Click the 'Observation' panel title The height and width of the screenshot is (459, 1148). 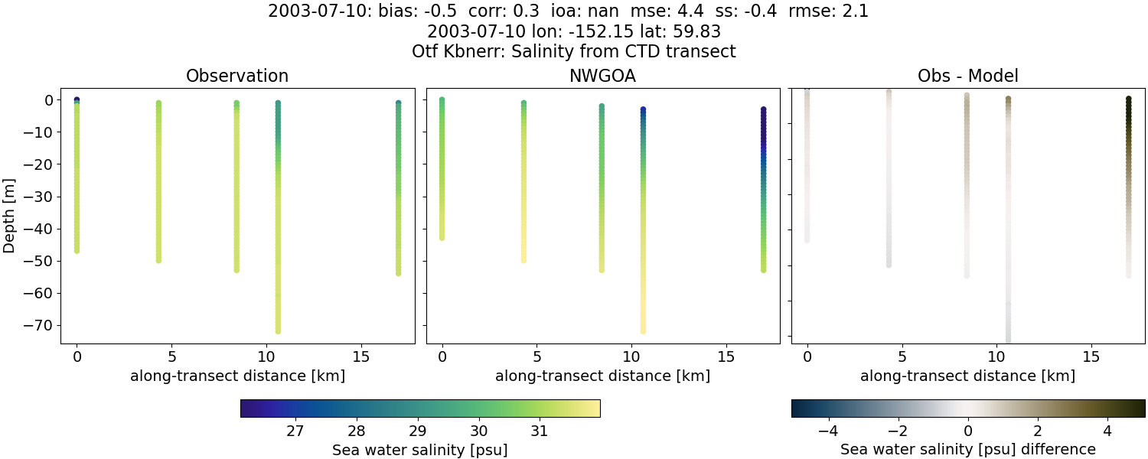pyautogui.click(x=237, y=76)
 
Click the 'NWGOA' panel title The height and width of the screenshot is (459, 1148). pyautogui.click(x=602, y=76)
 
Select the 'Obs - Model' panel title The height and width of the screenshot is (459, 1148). pyautogui.click(x=967, y=76)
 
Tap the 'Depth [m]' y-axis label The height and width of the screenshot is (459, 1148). pyautogui.click(x=10, y=213)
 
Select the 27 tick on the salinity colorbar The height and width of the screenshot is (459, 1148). pyautogui.click(x=295, y=430)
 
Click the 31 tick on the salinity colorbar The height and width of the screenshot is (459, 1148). pyautogui.click(x=539, y=430)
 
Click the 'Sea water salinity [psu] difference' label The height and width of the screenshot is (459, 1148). pyautogui.click(x=967, y=449)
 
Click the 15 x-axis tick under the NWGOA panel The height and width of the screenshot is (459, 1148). pyautogui.click(x=726, y=356)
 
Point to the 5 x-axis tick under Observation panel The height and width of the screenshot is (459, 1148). pyautogui.click(x=171, y=356)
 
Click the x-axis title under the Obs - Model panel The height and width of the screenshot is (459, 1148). pyautogui.click(x=967, y=376)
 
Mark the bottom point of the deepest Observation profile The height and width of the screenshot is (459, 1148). pyautogui.click(x=278, y=330)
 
